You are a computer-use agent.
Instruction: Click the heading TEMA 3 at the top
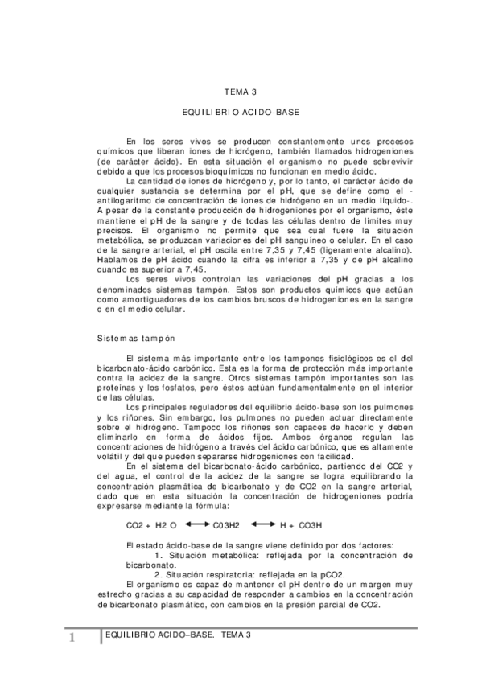241,92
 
